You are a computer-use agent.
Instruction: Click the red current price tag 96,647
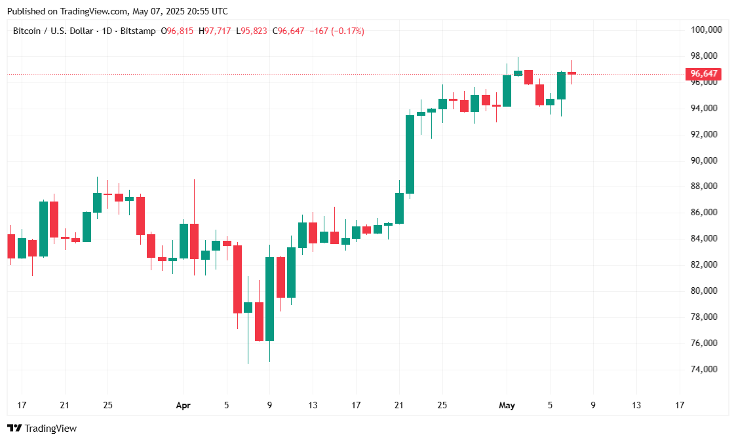(x=703, y=74)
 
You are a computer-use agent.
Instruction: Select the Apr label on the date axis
(x=184, y=405)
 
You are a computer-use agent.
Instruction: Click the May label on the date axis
(x=507, y=405)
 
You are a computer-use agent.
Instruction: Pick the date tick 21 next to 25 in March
(x=64, y=405)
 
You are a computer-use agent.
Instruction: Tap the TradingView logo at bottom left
(x=42, y=428)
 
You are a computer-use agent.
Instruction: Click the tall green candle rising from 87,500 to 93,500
(x=410, y=154)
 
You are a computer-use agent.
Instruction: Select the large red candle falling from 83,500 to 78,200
(x=238, y=279)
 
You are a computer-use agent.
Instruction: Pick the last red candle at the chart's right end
(x=571, y=73)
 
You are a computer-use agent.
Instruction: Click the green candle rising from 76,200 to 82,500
(x=269, y=298)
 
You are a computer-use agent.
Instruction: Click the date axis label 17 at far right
(x=679, y=405)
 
